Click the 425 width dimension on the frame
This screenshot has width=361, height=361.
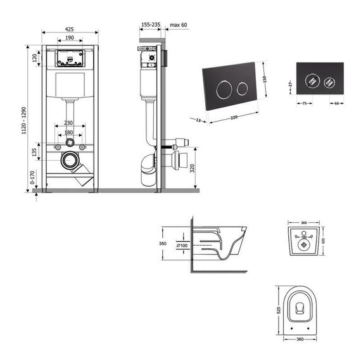point(69,28)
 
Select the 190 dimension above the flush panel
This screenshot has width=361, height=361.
point(69,39)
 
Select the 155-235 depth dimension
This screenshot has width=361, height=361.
point(150,25)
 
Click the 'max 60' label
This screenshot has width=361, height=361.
point(179,25)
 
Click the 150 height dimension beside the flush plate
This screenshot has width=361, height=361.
point(273,79)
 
